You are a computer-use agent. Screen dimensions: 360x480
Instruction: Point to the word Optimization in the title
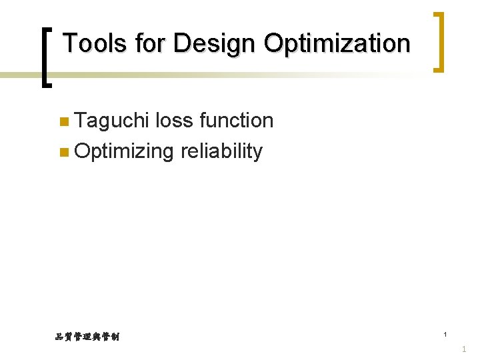pyautogui.click(x=337, y=44)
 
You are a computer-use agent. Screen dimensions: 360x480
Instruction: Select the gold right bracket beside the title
pyautogui.click(x=438, y=41)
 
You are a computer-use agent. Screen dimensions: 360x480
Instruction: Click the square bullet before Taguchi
pyautogui.click(x=63, y=121)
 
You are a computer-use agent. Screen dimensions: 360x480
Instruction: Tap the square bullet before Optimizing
pyautogui.click(x=63, y=152)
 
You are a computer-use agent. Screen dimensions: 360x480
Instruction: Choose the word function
pyautogui.click(x=237, y=121)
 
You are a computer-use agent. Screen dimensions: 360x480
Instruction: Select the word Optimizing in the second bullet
pyautogui.click(x=124, y=151)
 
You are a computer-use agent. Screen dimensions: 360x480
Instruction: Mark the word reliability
pyautogui.click(x=221, y=151)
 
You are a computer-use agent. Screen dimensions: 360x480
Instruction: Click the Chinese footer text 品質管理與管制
pyautogui.click(x=87, y=337)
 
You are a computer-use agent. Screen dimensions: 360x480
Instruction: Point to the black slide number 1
pyautogui.click(x=445, y=334)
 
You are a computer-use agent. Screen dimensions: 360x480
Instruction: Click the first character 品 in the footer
pyautogui.click(x=59, y=337)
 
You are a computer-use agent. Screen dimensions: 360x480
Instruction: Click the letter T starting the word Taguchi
pyautogui.click(x=81, y=121)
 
